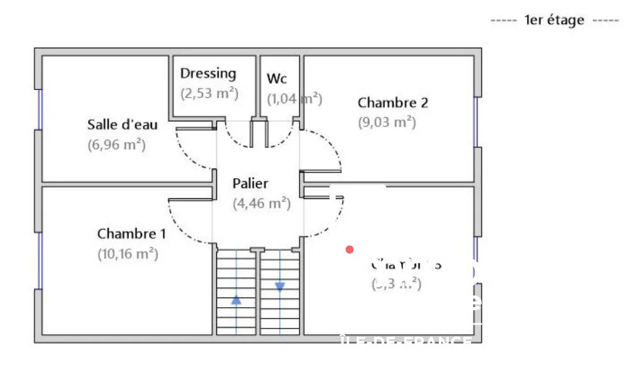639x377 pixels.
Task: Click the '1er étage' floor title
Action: (x=554, y=20)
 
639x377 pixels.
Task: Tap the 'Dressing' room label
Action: (x=208, y=73)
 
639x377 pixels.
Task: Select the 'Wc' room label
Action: (x=277, y=79)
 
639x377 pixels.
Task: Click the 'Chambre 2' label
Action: (x=388, y=102)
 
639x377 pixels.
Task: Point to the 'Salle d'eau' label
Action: (x=122, y=125)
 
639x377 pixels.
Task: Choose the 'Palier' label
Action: (x=250, y=184)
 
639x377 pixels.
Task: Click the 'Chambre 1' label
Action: (x=131, y=234)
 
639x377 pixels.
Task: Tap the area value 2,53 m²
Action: (x=209, y=94)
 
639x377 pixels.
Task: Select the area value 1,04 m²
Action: (x=294, y=99)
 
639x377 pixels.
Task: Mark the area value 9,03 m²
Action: (x=387, y=122)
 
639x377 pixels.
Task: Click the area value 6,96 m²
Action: (x=116, y=145)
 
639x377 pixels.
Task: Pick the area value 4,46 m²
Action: (x=261, y=203)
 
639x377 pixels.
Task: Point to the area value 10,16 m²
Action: (x=128, y=254)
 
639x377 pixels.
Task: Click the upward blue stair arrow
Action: (x=236, y=300)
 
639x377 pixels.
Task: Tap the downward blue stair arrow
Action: (x=280, y=286)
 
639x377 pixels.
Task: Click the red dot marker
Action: (x=350, y=250)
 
